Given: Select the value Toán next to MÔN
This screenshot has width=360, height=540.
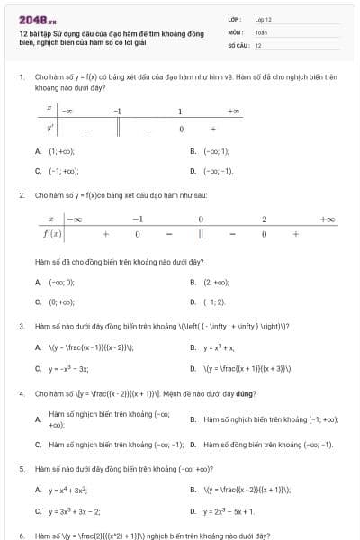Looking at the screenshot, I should (x=261, y=31).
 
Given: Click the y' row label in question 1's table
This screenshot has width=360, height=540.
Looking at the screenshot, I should (x=52, y=128).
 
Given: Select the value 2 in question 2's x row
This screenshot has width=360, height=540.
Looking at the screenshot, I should (x=264, y=220).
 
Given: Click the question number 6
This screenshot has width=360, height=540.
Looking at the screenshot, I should (x=21, y=535).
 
